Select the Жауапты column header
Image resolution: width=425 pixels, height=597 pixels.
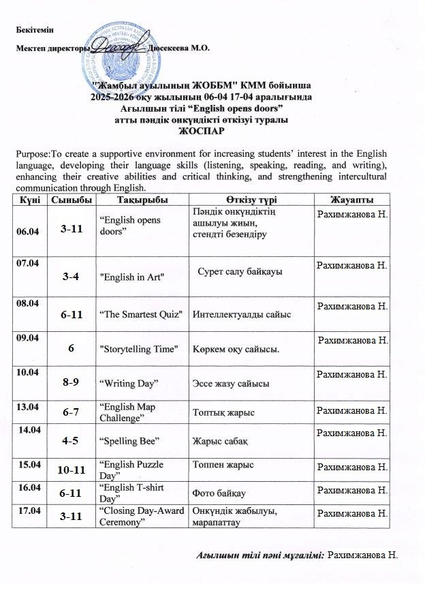[351, 198]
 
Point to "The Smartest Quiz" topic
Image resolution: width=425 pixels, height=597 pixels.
[142, 313]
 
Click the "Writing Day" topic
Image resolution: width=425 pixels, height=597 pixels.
[129, 384]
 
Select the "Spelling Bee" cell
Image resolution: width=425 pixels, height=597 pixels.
[129, 441]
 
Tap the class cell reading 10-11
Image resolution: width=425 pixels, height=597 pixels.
[72, 470]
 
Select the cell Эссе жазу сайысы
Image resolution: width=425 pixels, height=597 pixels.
[231, 384]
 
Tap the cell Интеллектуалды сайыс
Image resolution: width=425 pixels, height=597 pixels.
[242, 314]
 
